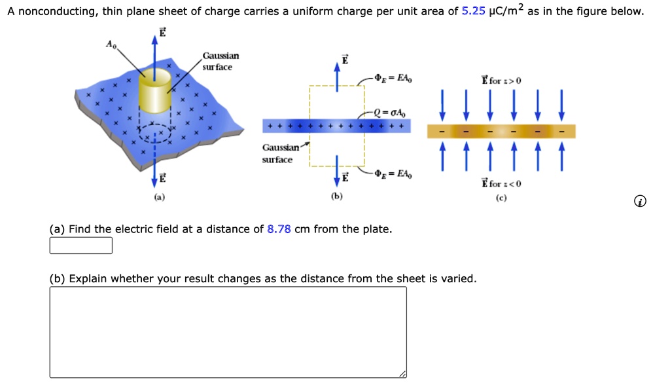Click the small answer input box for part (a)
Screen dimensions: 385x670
pyautogui.click(x=81, y=246)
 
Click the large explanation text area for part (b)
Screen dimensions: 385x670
pyautogui.click(x=228, y=332)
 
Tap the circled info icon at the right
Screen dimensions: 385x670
pyautogui.click(x=641, y=202)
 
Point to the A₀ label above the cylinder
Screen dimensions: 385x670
pyautogui.click(x=111, y=44)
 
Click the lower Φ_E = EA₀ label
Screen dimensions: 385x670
pyautogui.click(x=394, y=174)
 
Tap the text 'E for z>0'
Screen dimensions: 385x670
pyautogui.click(x=501, y=81)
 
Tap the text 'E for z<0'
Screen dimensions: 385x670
pyautogui.click(x=501, y=183)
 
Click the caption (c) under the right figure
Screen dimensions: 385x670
pyautogui.click(x=501, y=196)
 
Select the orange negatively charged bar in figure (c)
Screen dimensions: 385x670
pyautogui.click(x=501, y=132)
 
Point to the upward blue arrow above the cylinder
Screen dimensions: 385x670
pyautogui.click(x=155, y=49)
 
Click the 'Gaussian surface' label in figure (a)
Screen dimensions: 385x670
pyautogui.click(x=219, y=62)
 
